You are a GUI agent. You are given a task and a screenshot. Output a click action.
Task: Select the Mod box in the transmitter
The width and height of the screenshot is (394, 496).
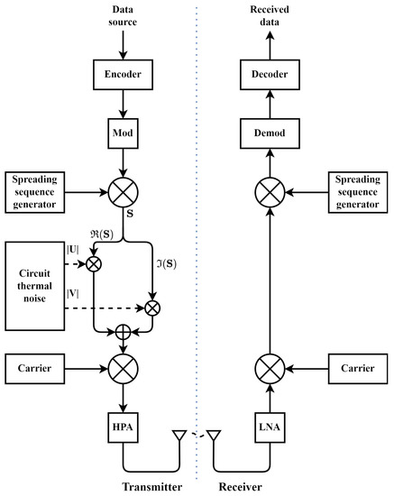tap(124, 134)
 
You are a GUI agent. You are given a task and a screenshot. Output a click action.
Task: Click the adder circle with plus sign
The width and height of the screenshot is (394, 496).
tap(124, 332)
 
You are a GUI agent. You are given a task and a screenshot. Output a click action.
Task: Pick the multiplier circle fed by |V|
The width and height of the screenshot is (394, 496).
tap(153, 308)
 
